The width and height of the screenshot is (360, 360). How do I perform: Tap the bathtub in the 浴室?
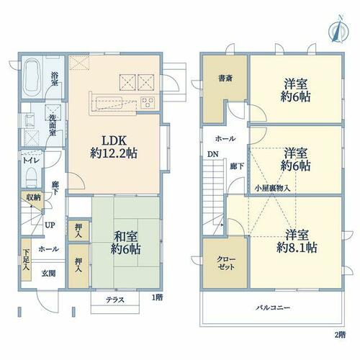click(x=32, y=76)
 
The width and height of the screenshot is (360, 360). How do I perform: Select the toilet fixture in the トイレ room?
click(x=31, y=177)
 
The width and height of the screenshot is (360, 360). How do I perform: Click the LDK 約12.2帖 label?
click(x=114, y=147)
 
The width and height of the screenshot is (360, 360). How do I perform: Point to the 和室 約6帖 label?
click(x=125, y=243)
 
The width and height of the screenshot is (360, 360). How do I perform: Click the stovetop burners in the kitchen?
click(x=147, y=102)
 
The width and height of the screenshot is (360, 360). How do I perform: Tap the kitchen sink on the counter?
click(x=109, y=103)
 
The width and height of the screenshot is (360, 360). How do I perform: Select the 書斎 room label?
click(x=225, y=78)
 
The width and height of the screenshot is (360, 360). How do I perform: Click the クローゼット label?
click(x=226, y=264)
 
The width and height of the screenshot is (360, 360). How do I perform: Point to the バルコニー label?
click(x=273, y=307)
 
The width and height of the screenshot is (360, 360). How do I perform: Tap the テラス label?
click(x=115, y=300)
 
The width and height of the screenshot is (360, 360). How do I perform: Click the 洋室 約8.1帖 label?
click(x=297, y=241)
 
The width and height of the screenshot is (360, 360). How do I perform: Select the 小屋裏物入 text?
click(x=272, y=188)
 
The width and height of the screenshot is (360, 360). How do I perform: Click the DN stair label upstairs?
click(x=213, y=154)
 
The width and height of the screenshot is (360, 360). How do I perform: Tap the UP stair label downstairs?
click(x=50, y=225)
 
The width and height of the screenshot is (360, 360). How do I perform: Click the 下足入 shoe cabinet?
click(x=26, y=260)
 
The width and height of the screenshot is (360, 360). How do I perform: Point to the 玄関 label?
click(x=49, y=274)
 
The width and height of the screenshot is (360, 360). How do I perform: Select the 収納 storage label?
click(x=34, y=198)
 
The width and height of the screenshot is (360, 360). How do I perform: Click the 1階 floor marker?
click(x=157, y=297)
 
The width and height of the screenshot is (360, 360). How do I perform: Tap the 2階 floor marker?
click(x=340, y=335)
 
